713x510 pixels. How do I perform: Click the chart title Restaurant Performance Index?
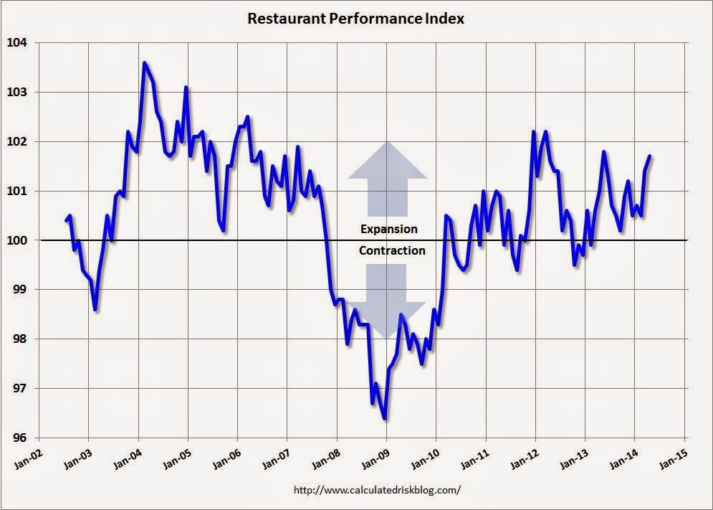point(355,19)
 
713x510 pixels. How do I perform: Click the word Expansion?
point(388,229)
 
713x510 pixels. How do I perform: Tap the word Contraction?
point(392,250)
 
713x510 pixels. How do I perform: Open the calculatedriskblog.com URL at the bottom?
point(378,490)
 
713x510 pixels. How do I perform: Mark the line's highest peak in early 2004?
point(144,63)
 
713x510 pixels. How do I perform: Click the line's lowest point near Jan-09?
point(385,418)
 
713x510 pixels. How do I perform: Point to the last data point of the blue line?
point(650,156)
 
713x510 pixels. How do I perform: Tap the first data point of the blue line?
point(66,220)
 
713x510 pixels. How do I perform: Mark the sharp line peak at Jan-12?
point(533,132)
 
